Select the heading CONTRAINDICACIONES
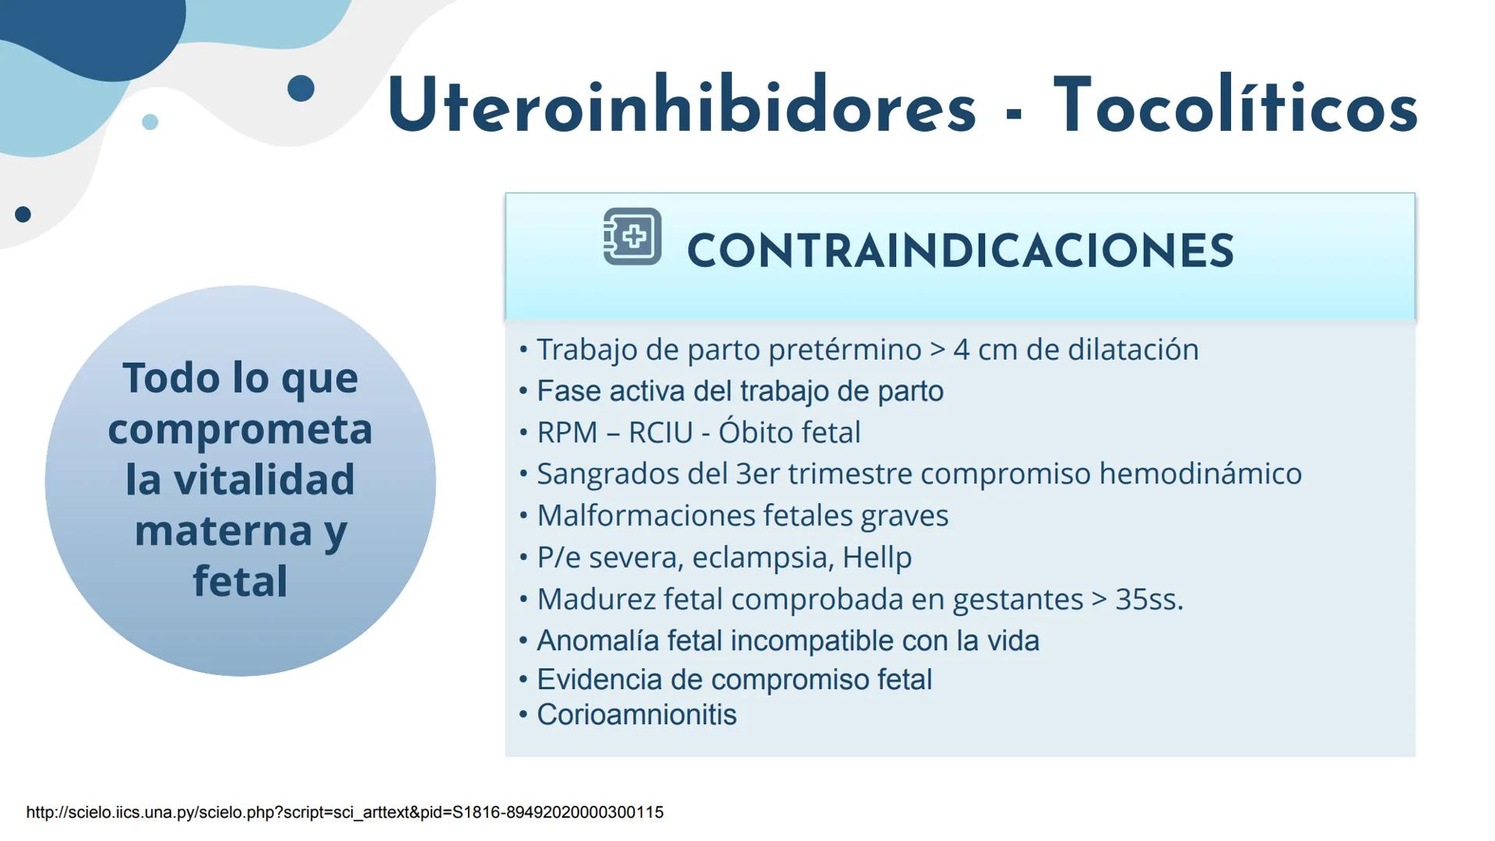pyautogui.click(x=960, y=252)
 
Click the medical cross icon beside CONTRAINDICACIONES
pyautogui.click(x=632, y=236)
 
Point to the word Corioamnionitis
pyautogui.click(x=636, y=715)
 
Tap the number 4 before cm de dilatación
pyautogui.click(x=962, y=350)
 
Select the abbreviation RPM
pyautogui.click(x=567, y=433)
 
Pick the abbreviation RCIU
pyautogui.click(x=660, y=433)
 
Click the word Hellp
pyautogui.click(x=877, y=558)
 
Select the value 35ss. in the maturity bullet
pyautogui.click(x=1149, y=600)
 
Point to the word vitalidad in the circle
pyautogui.click(x=263, y=479)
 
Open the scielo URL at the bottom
pyautogui.click(x=345, y=812)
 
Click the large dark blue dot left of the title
pyautogui.click(x=301, y=88)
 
